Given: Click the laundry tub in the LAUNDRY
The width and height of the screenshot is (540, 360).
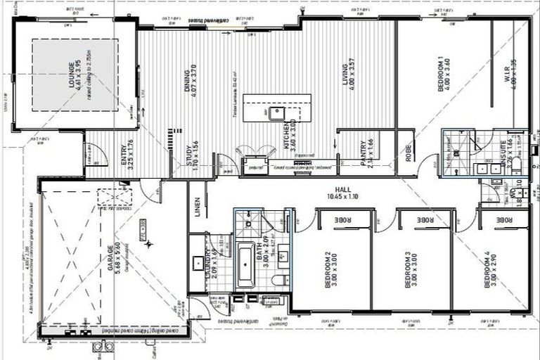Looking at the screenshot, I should point(198,264).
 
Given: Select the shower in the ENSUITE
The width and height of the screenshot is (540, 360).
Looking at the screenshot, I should point(456,144).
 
